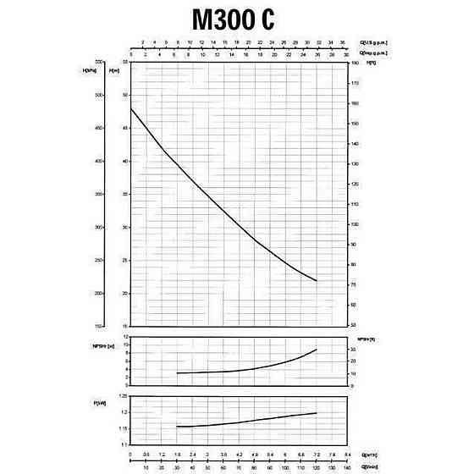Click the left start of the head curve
[130, 108]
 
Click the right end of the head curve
[317, 280]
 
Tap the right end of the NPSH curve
[317, 350]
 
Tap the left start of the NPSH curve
[176, 373]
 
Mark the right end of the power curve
[317, 413]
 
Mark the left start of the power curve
[176, 426]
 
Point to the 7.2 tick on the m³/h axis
[315, 454]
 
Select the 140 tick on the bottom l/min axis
[346, 466]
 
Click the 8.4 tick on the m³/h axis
[346, 454]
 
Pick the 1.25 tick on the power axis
[124, 396]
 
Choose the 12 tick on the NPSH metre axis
[124, 337]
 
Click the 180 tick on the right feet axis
[354, 62]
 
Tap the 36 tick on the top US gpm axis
[342, 41]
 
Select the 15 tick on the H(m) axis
[124, 326]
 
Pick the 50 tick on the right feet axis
[354, 325]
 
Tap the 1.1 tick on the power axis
[124, 444]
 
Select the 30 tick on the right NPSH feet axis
[353, 349]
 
